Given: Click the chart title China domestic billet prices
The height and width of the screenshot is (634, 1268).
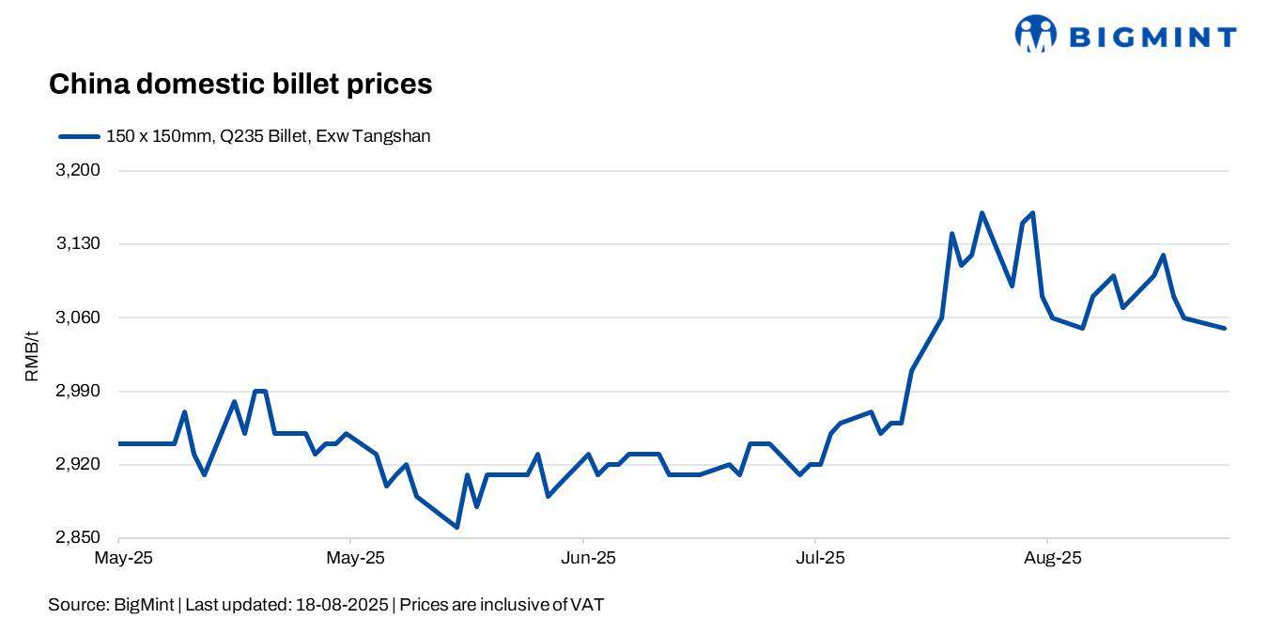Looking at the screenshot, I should tap(240, 85).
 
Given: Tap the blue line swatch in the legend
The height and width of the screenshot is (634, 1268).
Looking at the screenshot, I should tap(79, 136).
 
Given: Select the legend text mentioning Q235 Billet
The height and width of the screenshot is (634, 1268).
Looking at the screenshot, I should tap(268, 136).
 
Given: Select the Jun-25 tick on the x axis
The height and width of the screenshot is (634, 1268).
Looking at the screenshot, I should tap(588, 559).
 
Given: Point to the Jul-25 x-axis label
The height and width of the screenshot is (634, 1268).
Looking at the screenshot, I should tap(820, 559).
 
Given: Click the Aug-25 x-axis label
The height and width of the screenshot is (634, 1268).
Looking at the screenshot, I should tap(1053, 559).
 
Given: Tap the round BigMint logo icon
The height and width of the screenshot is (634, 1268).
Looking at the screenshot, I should tap(1036, 34).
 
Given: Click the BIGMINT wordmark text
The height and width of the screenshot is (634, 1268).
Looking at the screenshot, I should tap(1153, 38).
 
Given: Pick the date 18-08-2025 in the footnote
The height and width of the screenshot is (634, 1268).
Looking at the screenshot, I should tap(339, 605).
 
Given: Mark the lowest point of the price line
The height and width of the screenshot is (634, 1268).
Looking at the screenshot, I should tap(456, 527).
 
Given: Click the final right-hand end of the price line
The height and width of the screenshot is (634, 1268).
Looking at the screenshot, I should tap(1225, 328).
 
